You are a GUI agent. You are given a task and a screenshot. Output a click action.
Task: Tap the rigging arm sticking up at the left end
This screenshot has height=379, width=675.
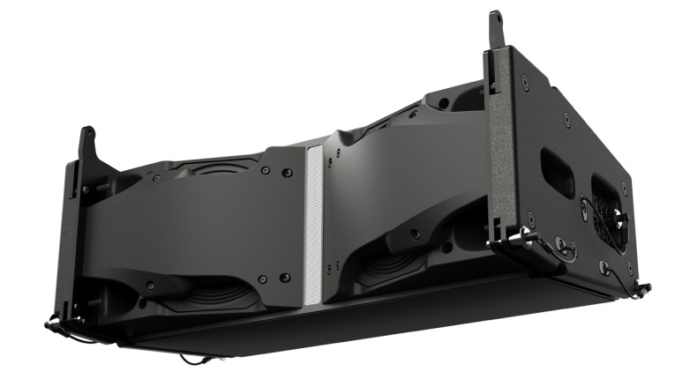87,150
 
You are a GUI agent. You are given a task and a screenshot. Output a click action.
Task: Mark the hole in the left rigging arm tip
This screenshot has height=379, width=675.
89,134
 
